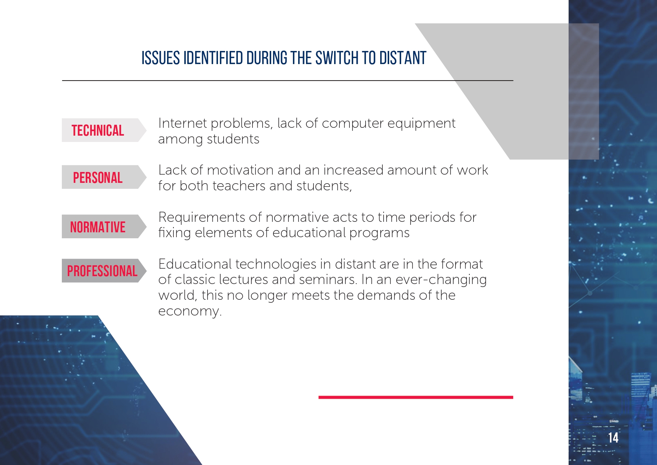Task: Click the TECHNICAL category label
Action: click(98, 130)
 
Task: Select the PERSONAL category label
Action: click(98, 178)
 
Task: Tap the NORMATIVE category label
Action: click(98, 227)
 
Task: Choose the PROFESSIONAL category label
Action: click(102, 271)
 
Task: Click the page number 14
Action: click(613, 438)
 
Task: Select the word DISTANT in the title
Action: click(403, 58)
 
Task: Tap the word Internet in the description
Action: click(183, 123)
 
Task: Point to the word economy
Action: click(190, 311)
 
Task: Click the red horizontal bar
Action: click(416, 397)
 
